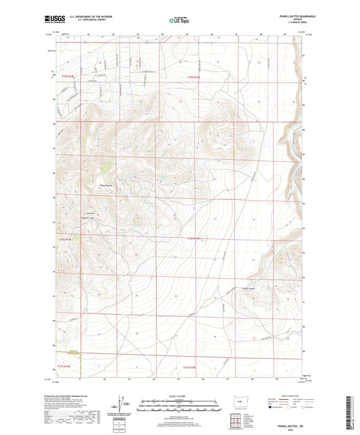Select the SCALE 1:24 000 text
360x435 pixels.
(x=180, y=396)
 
